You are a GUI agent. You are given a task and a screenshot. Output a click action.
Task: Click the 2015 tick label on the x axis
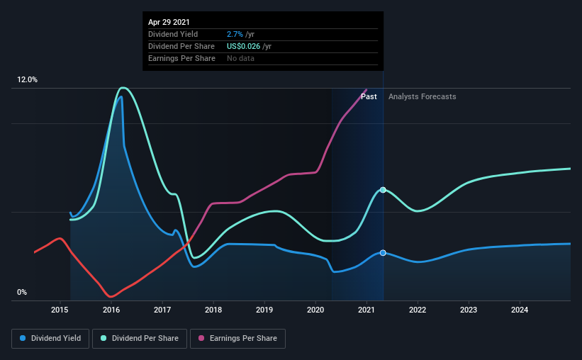tap(60, 310)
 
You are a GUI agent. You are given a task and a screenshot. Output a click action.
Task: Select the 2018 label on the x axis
tap(213, 310)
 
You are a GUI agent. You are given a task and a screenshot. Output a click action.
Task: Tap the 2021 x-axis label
tap(366, 310)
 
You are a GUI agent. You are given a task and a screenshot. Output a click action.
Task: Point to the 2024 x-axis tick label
tap(520, 310)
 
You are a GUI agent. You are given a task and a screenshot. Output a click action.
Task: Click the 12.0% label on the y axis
tap(28, 80)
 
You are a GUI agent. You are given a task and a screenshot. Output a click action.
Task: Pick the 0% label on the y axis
tap(22, 293)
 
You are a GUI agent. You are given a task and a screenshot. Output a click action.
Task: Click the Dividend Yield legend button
tap(51, 339)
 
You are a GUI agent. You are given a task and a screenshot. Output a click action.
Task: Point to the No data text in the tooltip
tap(241, 58)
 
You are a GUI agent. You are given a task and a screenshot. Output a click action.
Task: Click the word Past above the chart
tap(369, 96)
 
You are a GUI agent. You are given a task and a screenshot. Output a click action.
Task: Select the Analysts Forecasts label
tap(422, 96)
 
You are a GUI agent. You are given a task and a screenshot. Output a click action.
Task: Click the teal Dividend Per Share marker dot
tap(383, 190)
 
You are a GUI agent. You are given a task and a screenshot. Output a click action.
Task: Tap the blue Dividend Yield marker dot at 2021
tap(383, 253)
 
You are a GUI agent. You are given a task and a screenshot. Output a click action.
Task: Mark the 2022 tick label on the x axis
tap(418, 310)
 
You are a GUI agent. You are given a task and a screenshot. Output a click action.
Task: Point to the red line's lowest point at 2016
tap(110, 296)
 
